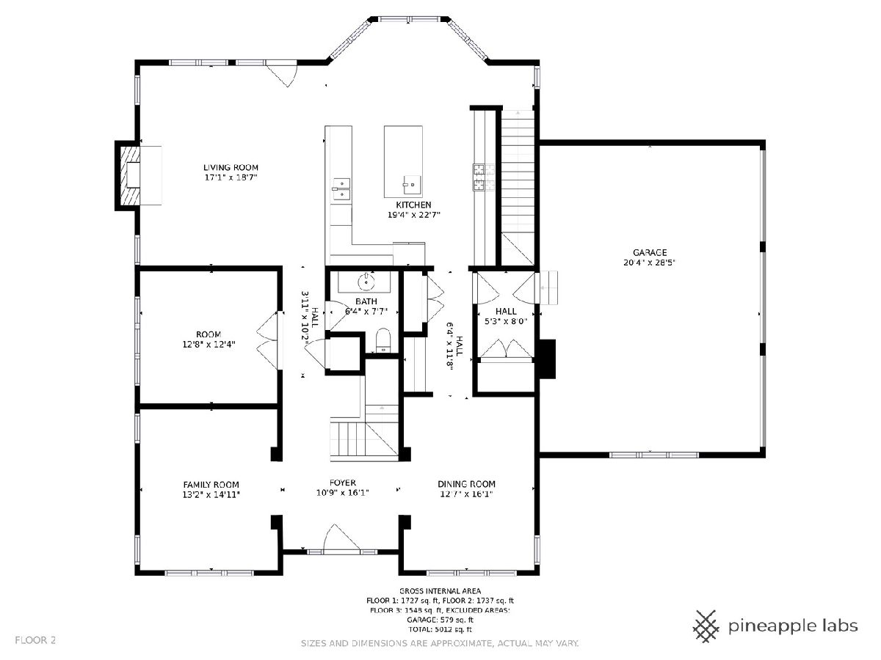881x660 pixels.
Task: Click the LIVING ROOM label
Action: [231, 167]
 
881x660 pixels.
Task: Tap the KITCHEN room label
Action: [413, 205]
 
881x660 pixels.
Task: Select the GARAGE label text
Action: [650, 252]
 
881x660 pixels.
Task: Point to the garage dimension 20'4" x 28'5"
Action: [650, 263]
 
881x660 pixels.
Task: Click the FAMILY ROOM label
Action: [211, 485]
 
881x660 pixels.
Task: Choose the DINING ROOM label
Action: [466, 484]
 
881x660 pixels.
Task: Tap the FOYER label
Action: [342, 483]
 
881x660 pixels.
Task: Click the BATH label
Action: [366, 301]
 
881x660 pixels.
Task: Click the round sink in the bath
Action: [366, 282]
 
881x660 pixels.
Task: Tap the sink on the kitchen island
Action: [411, 185]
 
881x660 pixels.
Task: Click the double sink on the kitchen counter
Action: [341, 188]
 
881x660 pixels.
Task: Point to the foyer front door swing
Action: [341, 538]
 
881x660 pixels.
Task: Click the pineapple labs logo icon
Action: [706, 626]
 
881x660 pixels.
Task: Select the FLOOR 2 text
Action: [35, 640]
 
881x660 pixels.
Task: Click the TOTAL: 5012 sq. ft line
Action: [440, 629]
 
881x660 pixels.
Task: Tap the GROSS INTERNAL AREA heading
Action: [440, 591]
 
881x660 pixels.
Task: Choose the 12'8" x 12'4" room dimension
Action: [209, 344]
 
